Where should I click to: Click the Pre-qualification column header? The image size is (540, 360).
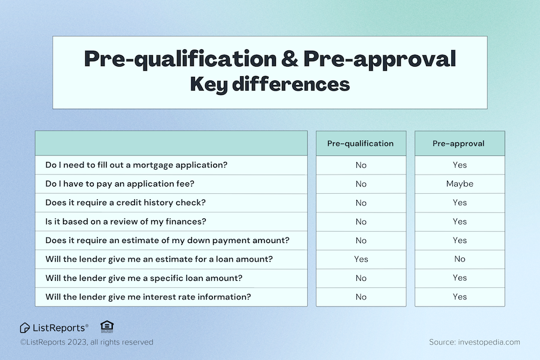[x=361, y=143]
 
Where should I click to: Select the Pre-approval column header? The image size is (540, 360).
[x=460, y=143]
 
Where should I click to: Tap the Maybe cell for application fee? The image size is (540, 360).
[x=460, y=184]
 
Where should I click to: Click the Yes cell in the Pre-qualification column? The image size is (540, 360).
[x=361, y=259]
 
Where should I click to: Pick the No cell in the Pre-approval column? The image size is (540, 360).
[x=460, y=259]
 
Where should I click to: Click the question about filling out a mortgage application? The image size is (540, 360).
[x=136, y=165]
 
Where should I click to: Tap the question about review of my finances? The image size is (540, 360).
[x=126, y=221]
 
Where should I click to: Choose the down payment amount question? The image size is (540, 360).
[x=167, y=241]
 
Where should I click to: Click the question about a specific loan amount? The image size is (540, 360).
[x=143, y=278]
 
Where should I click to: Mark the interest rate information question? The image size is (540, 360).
[x=148, y=297]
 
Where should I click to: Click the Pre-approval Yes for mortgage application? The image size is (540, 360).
[x=460, y=165]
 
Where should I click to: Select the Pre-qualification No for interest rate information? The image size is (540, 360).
[x=361, y=297]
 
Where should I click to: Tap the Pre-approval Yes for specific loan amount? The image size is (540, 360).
[x=460, y=278]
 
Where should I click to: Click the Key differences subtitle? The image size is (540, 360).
[x=269, y=84]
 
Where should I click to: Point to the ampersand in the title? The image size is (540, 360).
[x=287, y=59]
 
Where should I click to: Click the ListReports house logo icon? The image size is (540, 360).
[x=25, y=328]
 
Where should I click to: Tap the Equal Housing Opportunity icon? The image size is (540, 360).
[x=107, y=326]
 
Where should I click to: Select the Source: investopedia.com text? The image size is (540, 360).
[x=474, y=342]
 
